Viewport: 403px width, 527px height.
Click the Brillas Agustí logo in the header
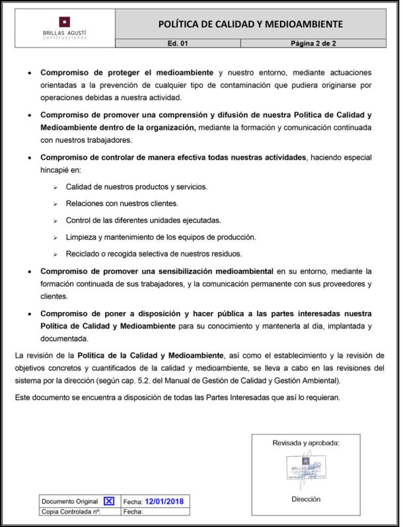[x=63, y=27]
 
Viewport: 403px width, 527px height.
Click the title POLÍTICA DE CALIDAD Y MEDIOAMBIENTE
[x=250, y=24]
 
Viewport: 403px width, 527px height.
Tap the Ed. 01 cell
[x=178, y=43]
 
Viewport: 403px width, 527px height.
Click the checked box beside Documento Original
[x=109, y=501]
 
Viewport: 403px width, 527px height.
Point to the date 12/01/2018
[x=165, y=501]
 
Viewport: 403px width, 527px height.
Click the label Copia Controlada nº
[x=71, y=511]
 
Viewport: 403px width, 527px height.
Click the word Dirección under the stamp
[x=306, y=499]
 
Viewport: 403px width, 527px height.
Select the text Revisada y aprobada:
[x=306, y=443]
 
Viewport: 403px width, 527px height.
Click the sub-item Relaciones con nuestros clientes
[x=122, y=204]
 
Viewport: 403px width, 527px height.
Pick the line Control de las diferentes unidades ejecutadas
[x=143, y=220]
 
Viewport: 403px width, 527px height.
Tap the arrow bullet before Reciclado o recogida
[x=56, y=255]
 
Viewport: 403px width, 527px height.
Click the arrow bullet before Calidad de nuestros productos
[x=56, y=187]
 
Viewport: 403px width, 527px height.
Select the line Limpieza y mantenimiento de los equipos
[x=161, y=237]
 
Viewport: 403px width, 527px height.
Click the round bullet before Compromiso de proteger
[x=30, y=72]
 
